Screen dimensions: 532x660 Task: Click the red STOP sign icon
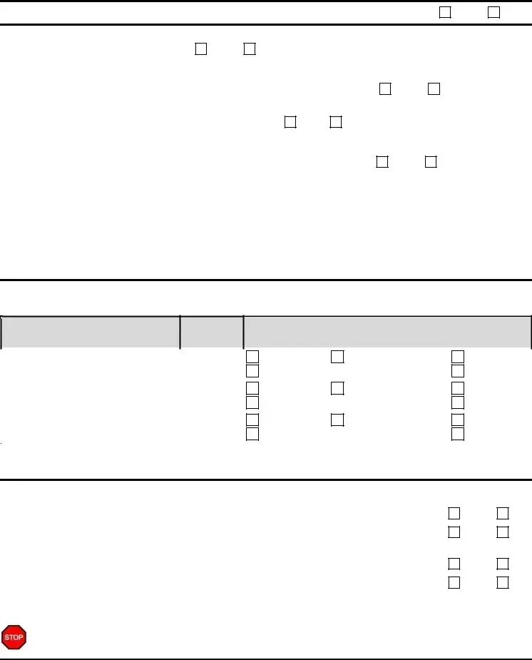[14, 637]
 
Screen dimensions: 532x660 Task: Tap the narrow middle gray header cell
[212, 332]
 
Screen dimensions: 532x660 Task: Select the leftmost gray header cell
[91, 332]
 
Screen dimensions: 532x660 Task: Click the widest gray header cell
[387, 332]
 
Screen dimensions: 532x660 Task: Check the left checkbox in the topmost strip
[445, 13]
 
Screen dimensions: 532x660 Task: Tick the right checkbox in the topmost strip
[493, 13]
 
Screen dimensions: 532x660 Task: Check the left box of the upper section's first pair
[201, 49]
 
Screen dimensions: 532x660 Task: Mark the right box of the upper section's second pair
[434, 88]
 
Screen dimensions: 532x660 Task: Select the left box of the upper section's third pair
[290, 122]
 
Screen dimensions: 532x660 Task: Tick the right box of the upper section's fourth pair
[431, 162]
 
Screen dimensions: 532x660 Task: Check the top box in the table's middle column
[337, 357]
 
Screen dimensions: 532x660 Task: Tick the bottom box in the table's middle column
[337, 420]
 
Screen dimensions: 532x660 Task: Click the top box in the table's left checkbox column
[252, 357]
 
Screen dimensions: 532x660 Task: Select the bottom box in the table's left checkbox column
[252, 434]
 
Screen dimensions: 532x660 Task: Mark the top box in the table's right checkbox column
[458, 357]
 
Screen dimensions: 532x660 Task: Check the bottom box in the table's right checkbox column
[458, 434]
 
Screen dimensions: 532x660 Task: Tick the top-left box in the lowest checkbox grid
[454, 513]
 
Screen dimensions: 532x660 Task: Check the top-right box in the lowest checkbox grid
[503, 513]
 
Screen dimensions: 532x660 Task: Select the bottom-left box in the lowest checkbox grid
[454, 582]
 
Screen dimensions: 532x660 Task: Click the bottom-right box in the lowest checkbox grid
[503, 582]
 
